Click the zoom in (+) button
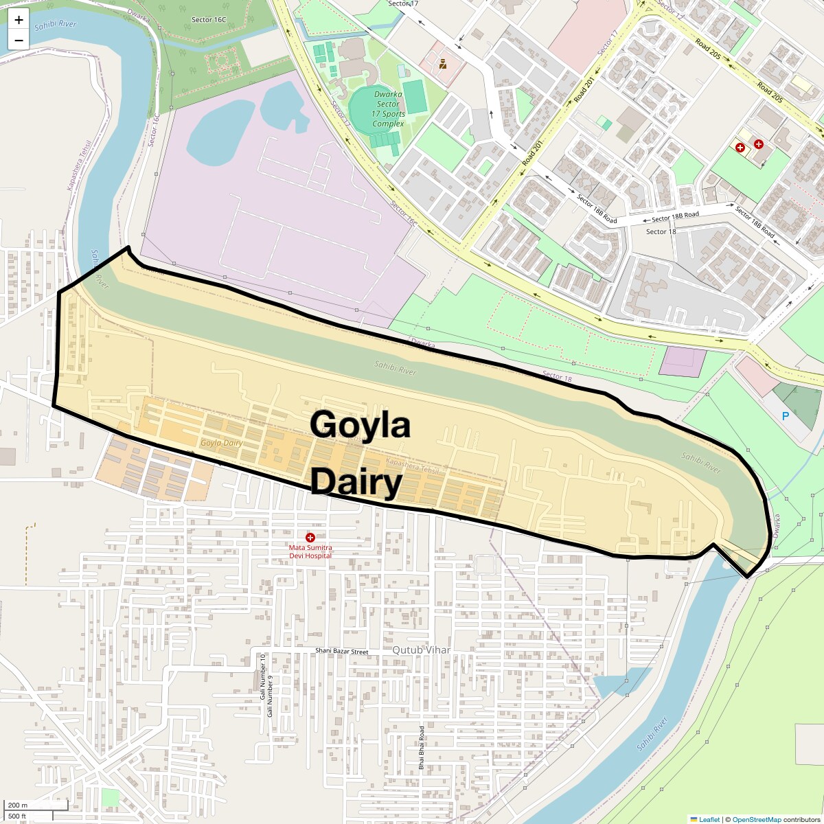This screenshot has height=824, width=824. click(x=19, y=20)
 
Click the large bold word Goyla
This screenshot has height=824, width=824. click(x=360, y=424)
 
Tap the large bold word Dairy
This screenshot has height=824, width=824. click(x=356, y=482)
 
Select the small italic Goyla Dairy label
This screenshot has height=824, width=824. click(x=222, y=443)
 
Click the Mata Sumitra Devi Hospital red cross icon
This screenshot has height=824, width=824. click(x=310, y=537)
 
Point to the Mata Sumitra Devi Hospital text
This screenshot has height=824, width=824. click(x=310, y=551)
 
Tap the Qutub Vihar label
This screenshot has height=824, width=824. click(x=421, y=650)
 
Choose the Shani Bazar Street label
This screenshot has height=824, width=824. click(x=342, y=651)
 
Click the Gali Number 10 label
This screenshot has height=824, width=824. click(x=263, y=677)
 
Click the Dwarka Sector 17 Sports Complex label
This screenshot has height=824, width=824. click(x=389, y=109)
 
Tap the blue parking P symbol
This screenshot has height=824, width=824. click(x=786, y=416)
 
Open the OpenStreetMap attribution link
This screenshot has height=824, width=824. click(x=756, y=819)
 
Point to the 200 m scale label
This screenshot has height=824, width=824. click(x=18, y=805)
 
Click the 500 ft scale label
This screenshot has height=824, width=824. click(x=17, y=816)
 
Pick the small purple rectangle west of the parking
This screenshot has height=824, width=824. click(x=682, y=362)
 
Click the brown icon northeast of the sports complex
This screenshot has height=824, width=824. click(x=444, y=65)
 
